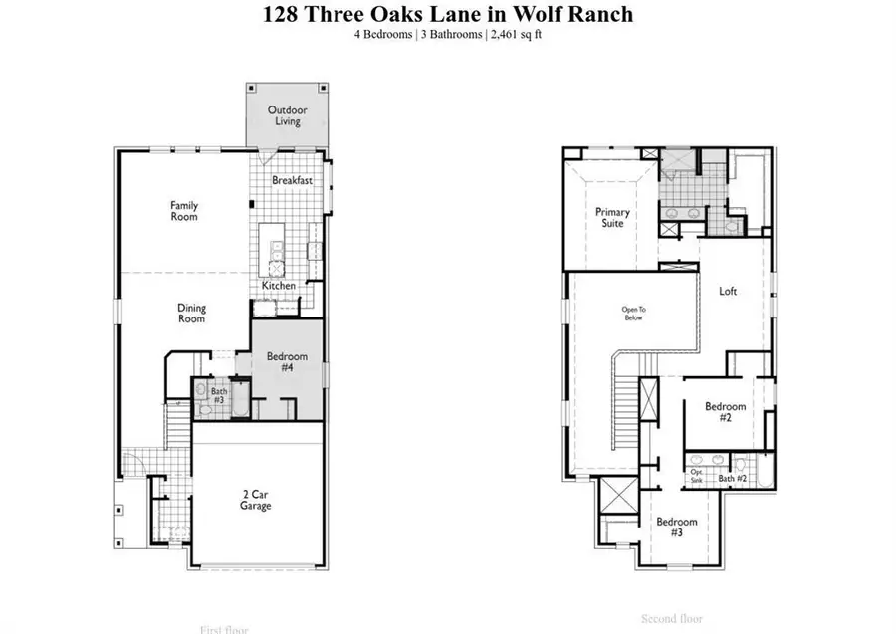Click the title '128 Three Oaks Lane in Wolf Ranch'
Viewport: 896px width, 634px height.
click(448, 15)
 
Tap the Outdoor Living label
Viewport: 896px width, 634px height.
click(286, 115)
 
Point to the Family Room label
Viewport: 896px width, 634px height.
click(184, 210)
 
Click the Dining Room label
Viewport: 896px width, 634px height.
click(191, 314)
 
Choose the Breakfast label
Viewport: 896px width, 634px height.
click(293, 181)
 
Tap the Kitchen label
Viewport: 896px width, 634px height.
click(279, 286)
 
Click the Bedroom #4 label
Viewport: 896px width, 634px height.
click(287, 361)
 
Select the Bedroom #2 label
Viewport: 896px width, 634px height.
click(726, 412)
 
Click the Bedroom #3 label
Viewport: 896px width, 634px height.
click(676, 528)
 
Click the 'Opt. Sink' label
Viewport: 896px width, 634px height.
click(698, 476)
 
